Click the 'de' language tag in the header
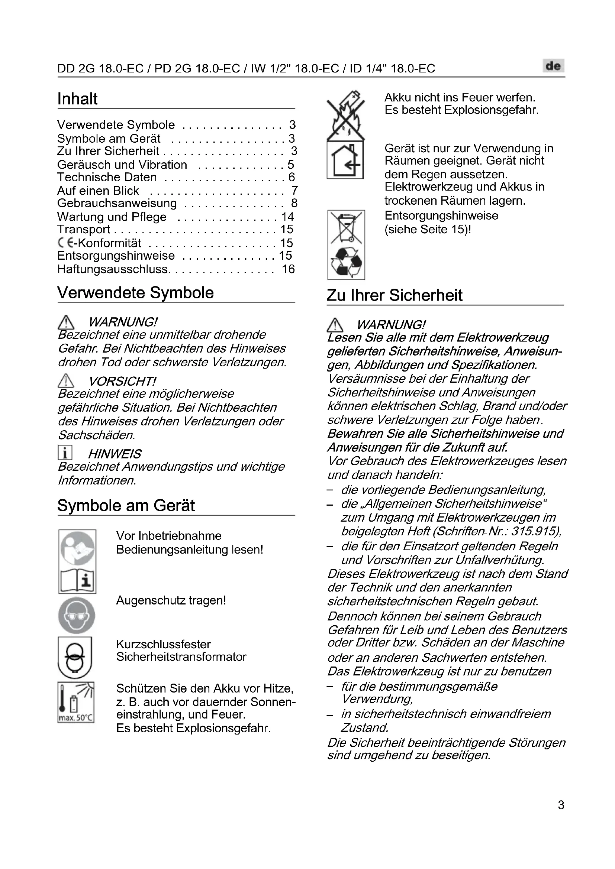click(x=553, y=66)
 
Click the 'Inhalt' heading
click(x=77, y=99)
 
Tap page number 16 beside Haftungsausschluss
click(x=288, y=269)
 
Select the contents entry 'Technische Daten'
click(x=107, y=177)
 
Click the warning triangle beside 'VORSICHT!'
click(x=66, y=380)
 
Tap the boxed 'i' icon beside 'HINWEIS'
click(x=65, y=453)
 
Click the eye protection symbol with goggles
click(x=77, y=616)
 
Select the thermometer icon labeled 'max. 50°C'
click(x=76, y=702)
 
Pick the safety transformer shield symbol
click(x=75, y=658)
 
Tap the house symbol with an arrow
click(x=345, y=160)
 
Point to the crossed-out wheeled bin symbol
click(x=346, y=227)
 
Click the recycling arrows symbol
click(x=346, y=262)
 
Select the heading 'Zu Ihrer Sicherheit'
click(x=394, y=295)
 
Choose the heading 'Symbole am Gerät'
click(x=126, y=506)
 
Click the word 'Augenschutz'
click(x=144, y=600)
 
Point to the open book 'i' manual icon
click(x=77, y=580)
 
